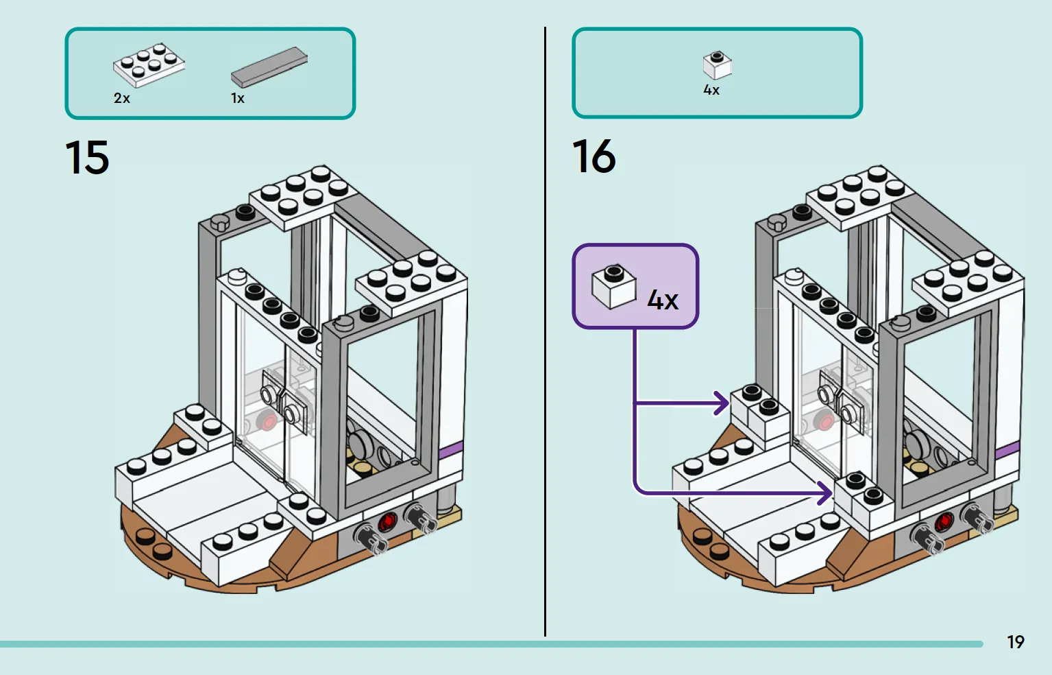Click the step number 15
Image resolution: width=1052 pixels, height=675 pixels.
(87, 157)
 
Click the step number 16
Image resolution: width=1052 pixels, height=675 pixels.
(594, 156)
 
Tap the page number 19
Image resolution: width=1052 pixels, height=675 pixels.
(1016, 642)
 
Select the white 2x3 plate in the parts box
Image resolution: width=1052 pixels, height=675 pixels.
(149, 65)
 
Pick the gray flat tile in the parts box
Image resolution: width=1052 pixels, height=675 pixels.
(269, 67)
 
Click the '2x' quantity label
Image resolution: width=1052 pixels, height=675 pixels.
(121, 98)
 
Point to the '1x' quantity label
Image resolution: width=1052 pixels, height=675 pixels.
(238, 98)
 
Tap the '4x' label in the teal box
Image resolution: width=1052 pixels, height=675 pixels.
(711, 90)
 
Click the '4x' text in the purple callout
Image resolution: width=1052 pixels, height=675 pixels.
(663, 299)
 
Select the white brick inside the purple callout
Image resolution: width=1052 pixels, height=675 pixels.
(614, 286)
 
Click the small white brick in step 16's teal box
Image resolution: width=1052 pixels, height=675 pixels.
(717, 65)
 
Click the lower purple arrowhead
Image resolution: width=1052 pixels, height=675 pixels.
(824, 493)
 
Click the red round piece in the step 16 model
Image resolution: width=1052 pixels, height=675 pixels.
(944, 521)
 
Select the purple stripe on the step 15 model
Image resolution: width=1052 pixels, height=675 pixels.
(450, 450)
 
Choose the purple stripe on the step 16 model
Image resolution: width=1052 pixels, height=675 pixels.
(1007, 451)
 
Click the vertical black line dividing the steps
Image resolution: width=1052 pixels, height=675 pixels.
(546, 331)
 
